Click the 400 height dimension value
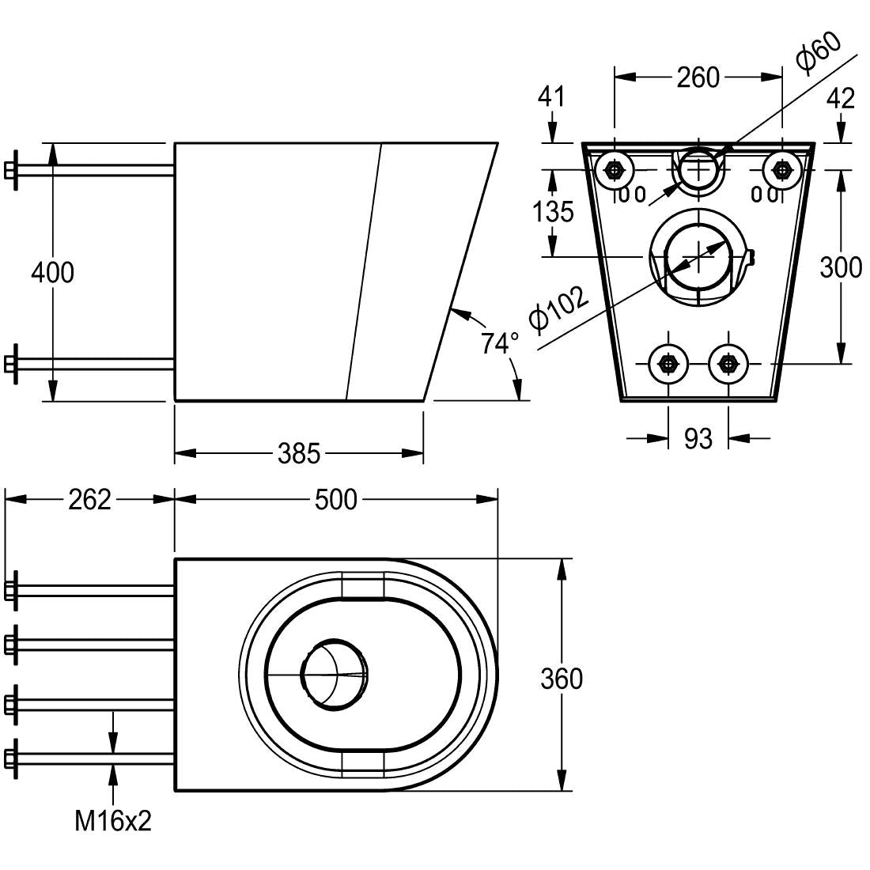point(52,272)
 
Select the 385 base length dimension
point(299,453)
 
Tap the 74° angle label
point(500,343)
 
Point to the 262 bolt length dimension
point(89,500)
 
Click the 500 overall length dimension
point(336,500)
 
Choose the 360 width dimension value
point(562,679)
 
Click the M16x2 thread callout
point(113,822)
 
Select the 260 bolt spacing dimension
point(698,78)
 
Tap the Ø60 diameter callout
point(818,54)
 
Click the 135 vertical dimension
point(552,212)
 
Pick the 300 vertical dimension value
point(841,267)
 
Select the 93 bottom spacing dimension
point(698,437)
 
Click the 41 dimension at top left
point(551,96)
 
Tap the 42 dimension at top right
point(840,98)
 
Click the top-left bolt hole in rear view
point(615,169)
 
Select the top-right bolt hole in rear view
point(781,169)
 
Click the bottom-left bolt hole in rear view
point(668,364)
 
